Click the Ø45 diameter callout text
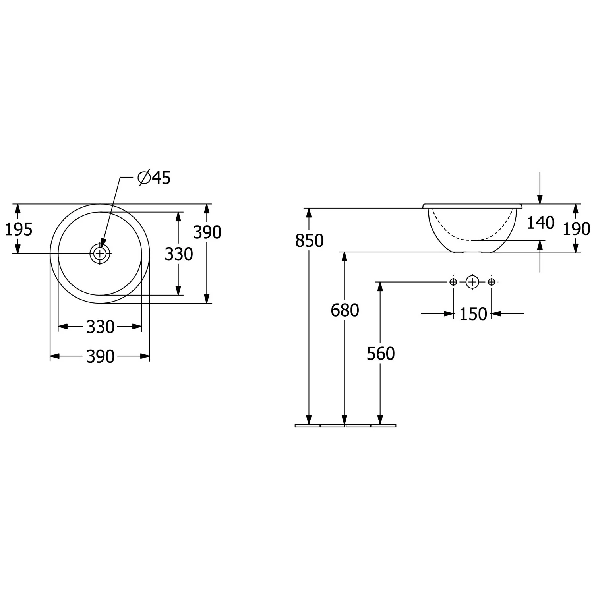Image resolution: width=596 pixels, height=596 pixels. pos(154,178)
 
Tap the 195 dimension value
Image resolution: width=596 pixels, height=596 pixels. pos(18,229)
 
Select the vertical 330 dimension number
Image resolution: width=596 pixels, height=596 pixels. pos(179,254)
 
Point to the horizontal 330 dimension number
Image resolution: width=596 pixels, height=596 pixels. pos(101,327)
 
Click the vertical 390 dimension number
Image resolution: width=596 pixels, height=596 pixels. pos(207,232)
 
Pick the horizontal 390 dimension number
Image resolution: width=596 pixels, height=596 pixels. pos(101,357)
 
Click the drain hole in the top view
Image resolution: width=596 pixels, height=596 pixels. pos(100,253)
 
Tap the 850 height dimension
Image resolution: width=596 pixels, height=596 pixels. pos(309,241)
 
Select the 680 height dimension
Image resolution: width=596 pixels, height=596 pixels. pos(344,310)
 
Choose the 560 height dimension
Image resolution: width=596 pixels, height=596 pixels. pos(381,354)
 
